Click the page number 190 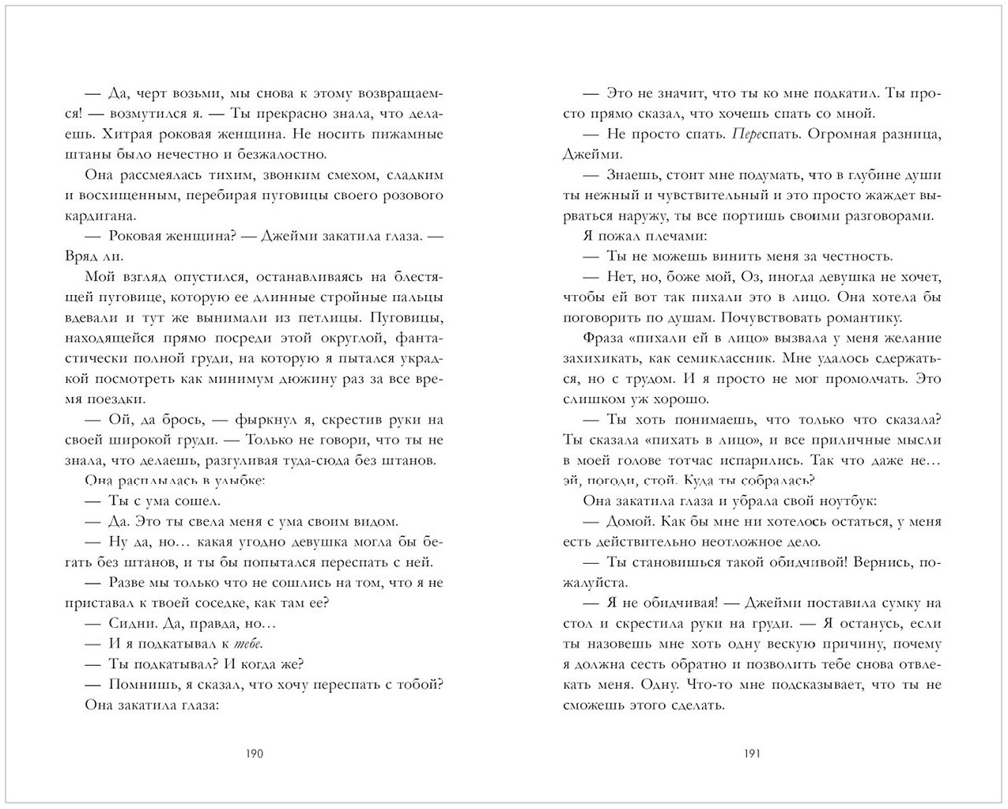(x=253, y=754)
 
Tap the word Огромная (x=798, y=134)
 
